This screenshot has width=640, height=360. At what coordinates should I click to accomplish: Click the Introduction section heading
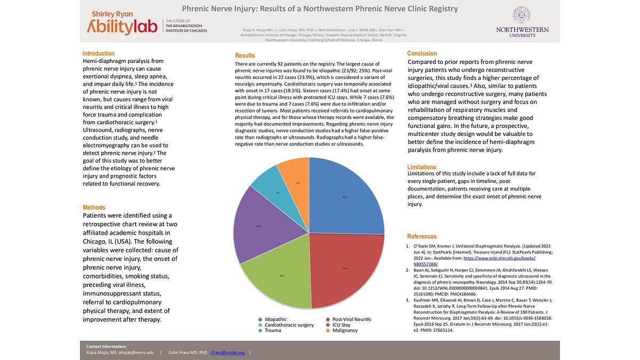point(99,53)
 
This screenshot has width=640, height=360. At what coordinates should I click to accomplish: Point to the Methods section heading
point(94,207)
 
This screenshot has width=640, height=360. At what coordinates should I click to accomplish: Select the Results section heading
point(245,55)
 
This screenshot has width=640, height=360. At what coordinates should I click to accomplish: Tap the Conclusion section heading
point(422,53)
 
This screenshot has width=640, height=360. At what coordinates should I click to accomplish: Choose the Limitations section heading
point(422,167)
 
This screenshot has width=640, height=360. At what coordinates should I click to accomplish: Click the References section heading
point(422,236)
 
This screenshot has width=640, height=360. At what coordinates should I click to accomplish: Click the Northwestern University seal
point(521,15)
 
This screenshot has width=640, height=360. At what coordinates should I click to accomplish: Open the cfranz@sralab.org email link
point(227,353)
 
